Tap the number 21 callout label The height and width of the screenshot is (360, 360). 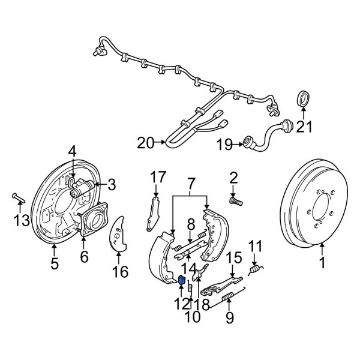pos(305,126)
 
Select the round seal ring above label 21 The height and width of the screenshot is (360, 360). pos(305,98)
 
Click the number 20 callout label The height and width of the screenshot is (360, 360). pos(145,143)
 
